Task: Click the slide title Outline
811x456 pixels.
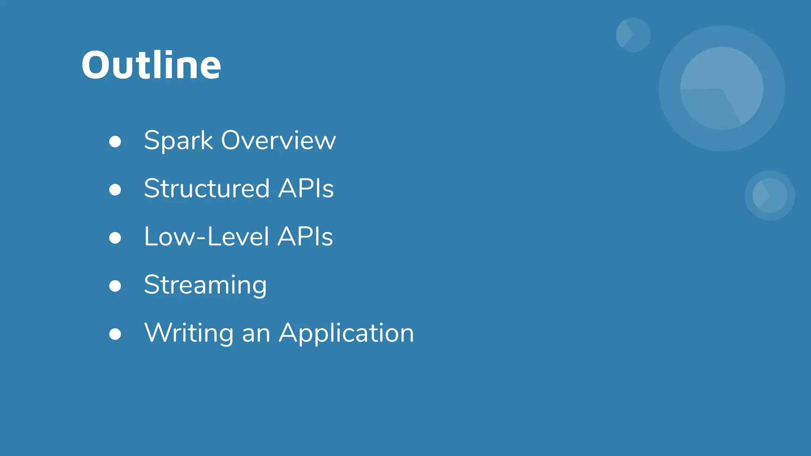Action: pos(151,65)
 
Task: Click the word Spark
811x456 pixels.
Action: pos(178,141)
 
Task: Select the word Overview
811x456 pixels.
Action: pos(278,141)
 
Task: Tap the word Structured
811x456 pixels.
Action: pos(207,188)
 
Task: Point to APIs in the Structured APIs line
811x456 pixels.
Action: pos(306,188)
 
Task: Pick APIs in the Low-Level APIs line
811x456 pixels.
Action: pos(305,237)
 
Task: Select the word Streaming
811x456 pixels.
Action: pos(205,285)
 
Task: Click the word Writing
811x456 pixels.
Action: pos(189,333)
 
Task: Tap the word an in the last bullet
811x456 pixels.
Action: pos(256,333)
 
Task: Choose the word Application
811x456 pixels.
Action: pos(346,333)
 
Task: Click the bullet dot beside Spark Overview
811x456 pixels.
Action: pos(115,142)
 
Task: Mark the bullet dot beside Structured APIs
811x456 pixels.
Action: pos(115,190)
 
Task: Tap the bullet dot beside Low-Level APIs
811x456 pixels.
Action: pos(115,238)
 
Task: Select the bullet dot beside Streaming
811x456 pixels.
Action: pos(115,286)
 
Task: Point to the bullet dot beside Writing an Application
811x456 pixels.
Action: pos(115,334)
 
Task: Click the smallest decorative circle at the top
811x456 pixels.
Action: pos(633,35)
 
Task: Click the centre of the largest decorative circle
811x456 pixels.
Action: pos(722,88)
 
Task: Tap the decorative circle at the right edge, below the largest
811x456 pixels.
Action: pos(770,196)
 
